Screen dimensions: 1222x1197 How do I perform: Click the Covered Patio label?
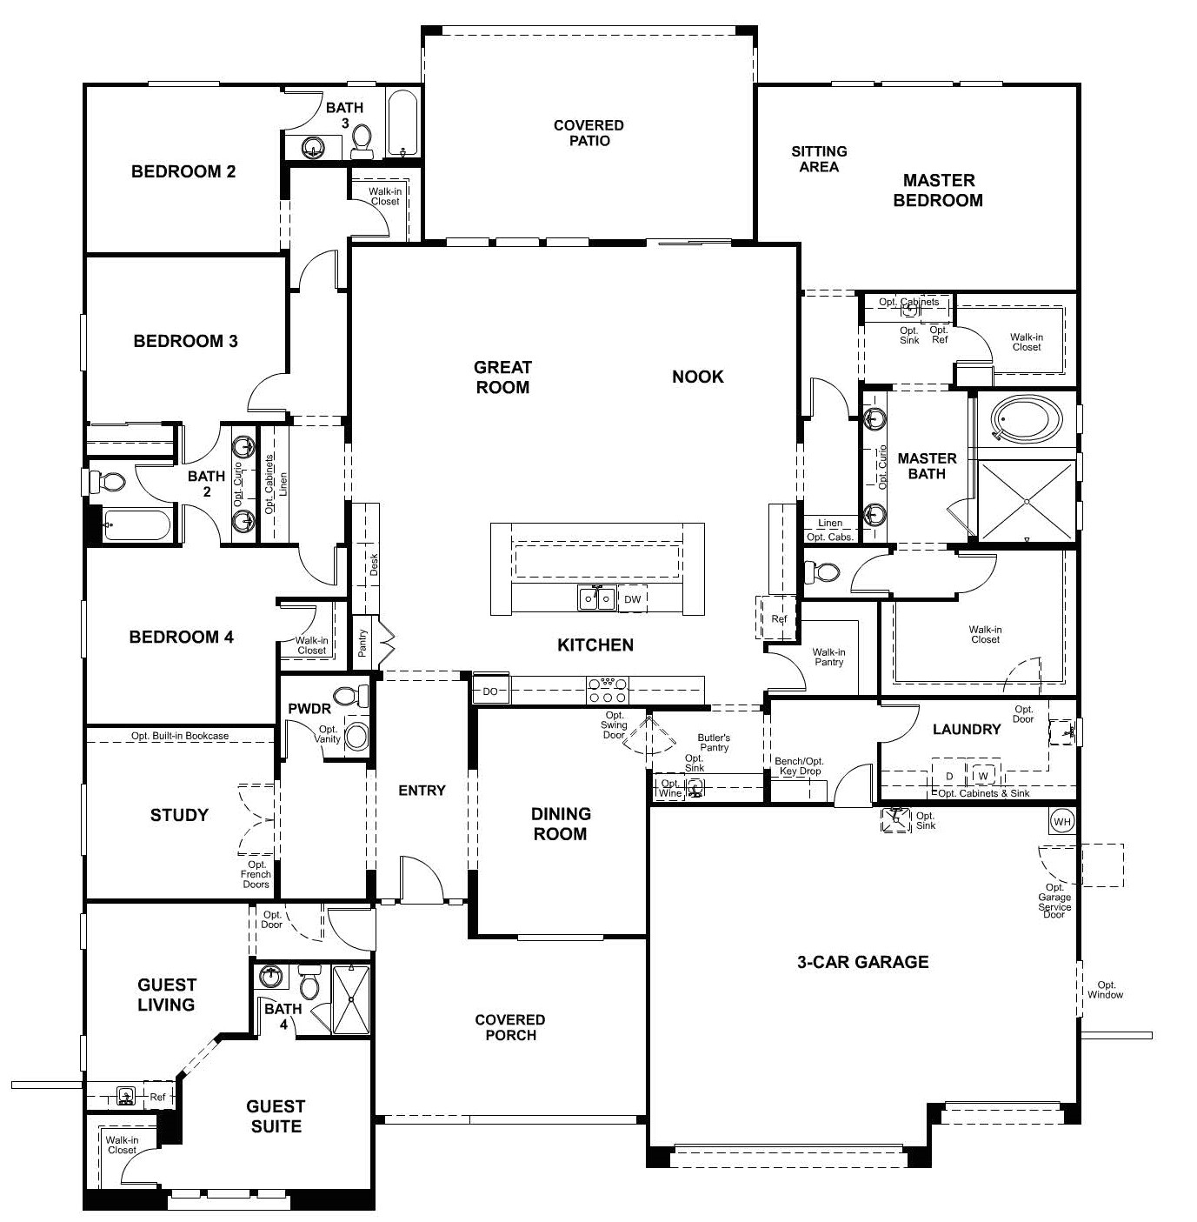(x=589, y=133)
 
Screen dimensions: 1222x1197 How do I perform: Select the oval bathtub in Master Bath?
(x=1027, y=420)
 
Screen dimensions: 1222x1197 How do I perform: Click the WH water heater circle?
(x=1061, y=821)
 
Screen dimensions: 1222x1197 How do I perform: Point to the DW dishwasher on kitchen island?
(x=633, y=599)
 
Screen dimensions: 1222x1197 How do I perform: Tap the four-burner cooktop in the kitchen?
(x=608, y=691)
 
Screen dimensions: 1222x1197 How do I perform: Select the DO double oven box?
(x=490, y=691)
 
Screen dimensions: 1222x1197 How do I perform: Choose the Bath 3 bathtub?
(x=401, y=124)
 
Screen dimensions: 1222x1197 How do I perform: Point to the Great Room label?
(x=502, y=377)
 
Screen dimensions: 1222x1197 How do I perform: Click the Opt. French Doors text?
(x=256, y=874)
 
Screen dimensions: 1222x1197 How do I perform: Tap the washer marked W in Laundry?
(x=982, y=775)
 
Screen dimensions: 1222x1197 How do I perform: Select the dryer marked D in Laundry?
(x=949, y=775)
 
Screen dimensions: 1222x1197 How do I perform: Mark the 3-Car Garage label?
(x=862, y=962)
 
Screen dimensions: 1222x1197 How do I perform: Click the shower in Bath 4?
(x=350, y=999)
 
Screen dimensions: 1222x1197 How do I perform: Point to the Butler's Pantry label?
(x=714, y=742)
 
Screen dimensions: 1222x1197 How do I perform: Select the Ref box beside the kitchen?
(x=778, y=618)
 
